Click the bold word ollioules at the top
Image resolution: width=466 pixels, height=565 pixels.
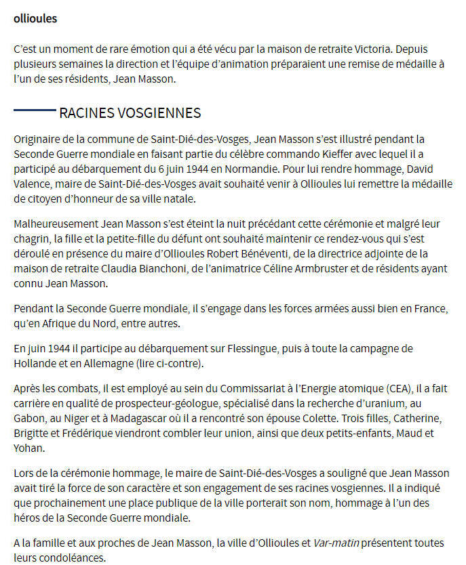[x=35, y=19]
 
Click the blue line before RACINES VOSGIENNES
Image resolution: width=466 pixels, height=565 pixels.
[x=34, y=110]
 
